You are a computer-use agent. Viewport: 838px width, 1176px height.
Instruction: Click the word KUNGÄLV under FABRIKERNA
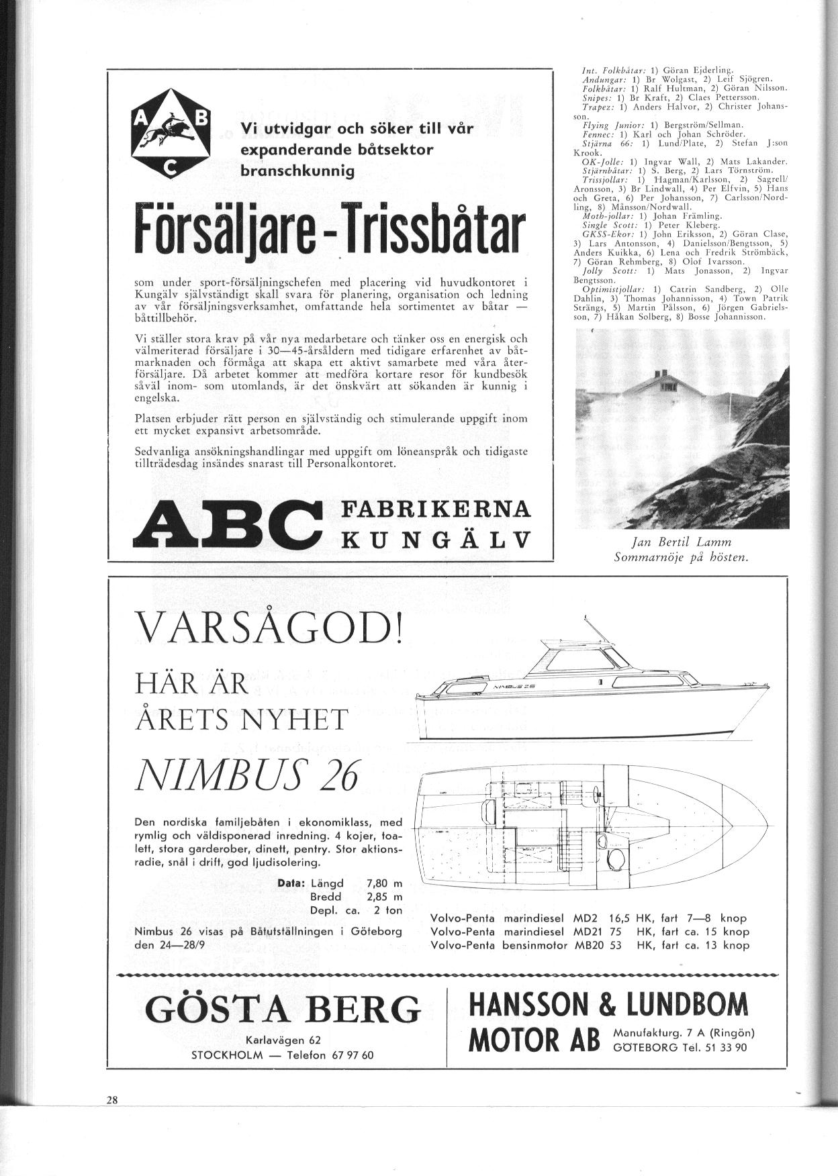436,539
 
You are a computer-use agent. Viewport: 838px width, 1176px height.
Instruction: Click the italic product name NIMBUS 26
247,777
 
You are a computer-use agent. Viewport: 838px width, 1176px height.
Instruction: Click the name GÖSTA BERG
282,1008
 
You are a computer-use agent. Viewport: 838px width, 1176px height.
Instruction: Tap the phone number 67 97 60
349,1055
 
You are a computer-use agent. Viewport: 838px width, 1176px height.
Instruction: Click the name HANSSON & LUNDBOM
608,1005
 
